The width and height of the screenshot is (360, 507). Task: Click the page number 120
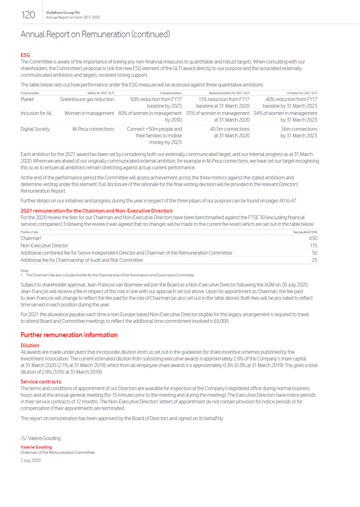pyautogui.click(x=28, y=15)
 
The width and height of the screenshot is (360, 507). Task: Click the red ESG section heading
pyautogui.click(x=25, y=55)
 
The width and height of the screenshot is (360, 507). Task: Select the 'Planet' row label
pyautogui.click(x=27, y=99)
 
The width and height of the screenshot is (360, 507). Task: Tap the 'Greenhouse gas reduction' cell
pyautogui.click(x=87, y=99)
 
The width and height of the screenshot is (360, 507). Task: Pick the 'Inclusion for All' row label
pyautogui.click(x=36, y=113)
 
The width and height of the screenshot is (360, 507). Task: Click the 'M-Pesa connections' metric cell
pyautogui.click(x=93, y=129)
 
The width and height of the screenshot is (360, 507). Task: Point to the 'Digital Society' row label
pyautogui.click(x=35, y=129)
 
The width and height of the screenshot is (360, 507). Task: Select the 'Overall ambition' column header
pyautogui.click(x=171, y=93)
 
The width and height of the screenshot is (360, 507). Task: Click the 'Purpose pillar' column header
pyautogui.click(x=30, y=93)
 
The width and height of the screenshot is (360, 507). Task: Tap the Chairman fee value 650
pyautogui.click(x=313, y=238)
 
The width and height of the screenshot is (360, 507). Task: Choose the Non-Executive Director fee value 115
pyautogui.click(x=314, y=246)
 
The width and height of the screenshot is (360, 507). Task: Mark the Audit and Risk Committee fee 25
pyautogui.click(x=314, y=260)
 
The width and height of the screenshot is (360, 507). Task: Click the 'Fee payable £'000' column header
pyautogui.click(x=305, y=232)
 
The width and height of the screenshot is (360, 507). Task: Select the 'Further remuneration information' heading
pyautogui.click(x=69, y=335)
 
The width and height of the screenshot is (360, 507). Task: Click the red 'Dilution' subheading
pyautogui.click(x=30, y=345)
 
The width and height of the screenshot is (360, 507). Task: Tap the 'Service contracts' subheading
pyautogui.click(x=41, y=382)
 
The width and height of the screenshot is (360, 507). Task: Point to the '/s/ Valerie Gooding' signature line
pyautogui.click(x=40, y=438)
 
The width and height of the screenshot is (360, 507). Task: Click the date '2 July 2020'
pyautogui.click(x=31, y=460)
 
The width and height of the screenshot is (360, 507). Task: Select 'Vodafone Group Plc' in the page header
pyautogui.click(x=63, y=13)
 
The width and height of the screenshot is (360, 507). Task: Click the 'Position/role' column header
pyautogui.click(x=29, y=232)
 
